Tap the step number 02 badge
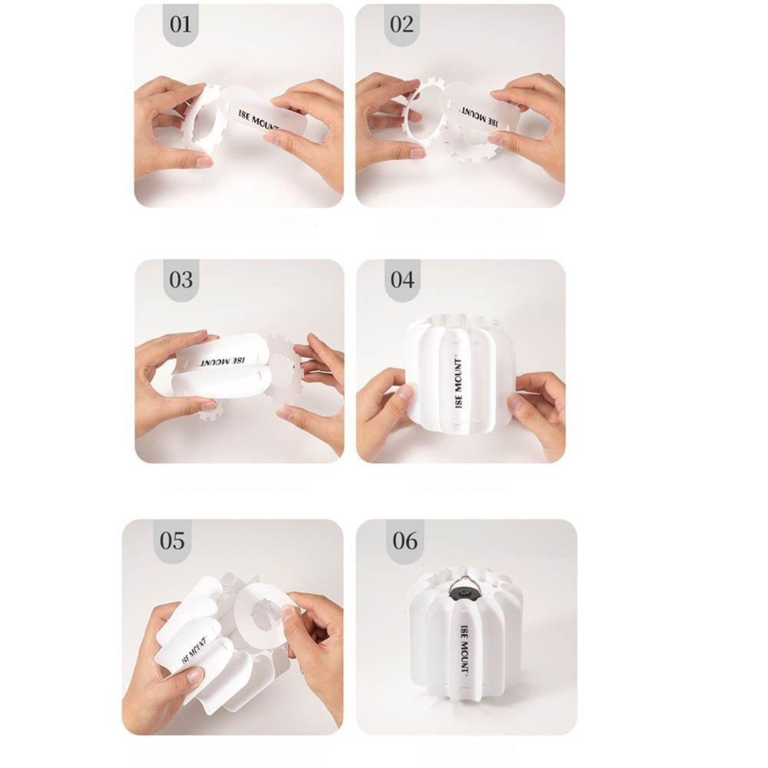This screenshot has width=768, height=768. pyautogui.click(x=402, y=25)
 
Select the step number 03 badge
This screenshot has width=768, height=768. pyautogui.click(x=180, y=279)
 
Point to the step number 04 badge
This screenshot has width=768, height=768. pyautogui.click(x=402, y=280)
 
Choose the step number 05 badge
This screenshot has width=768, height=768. pyautogui.click(x=172, y=541)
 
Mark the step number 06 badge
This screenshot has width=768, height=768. pyautogui.click(x=405, y=541)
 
